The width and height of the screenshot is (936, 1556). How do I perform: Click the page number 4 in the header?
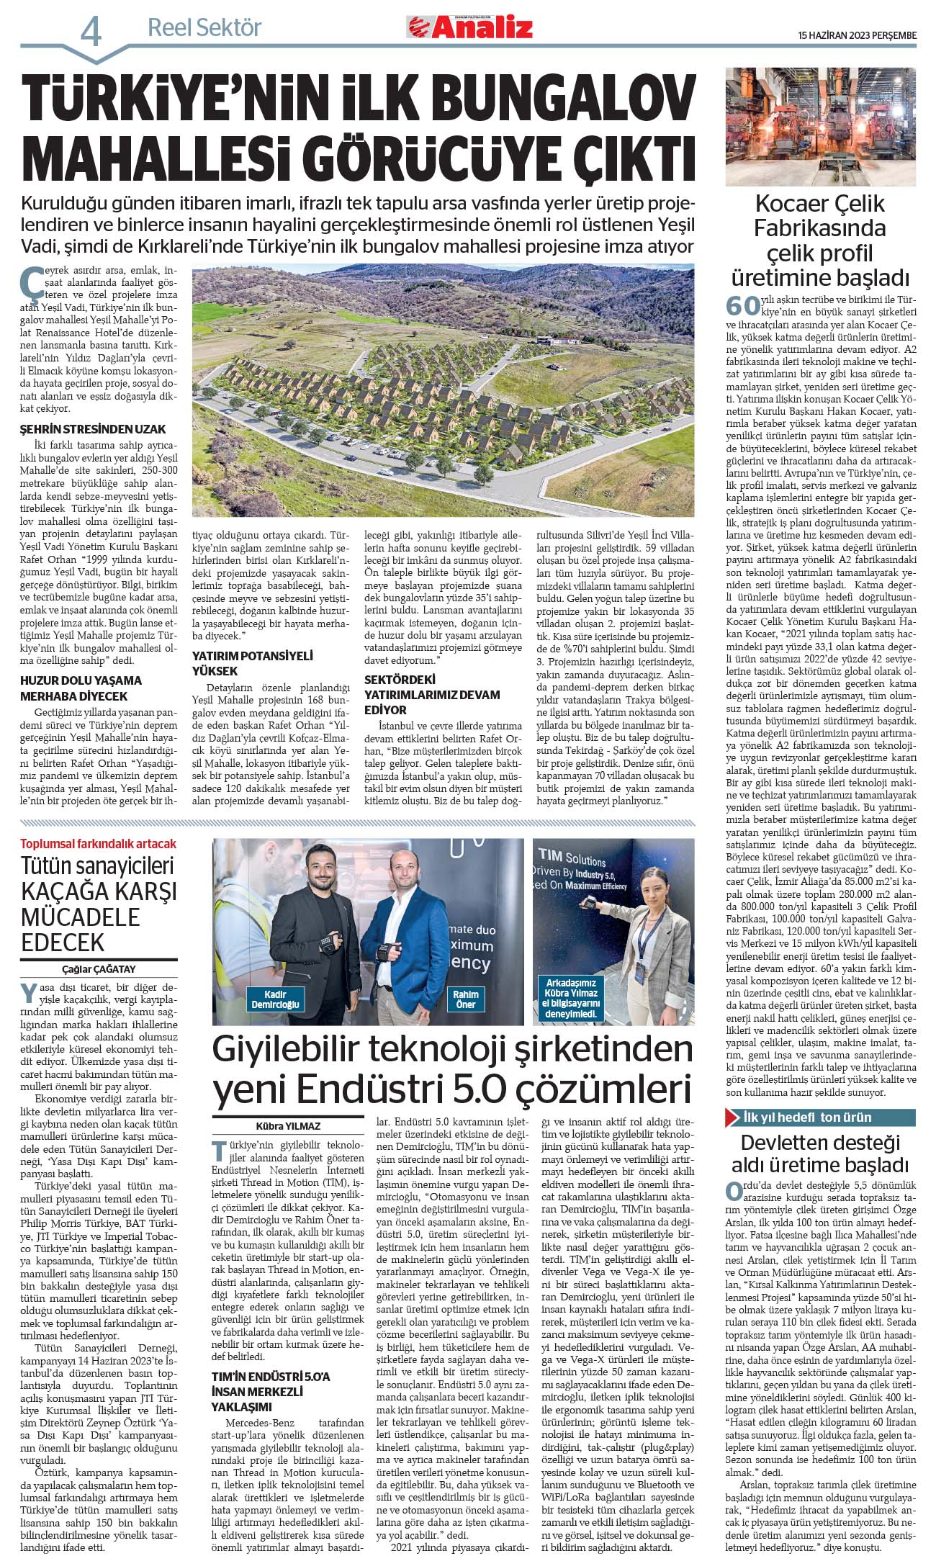click(91, 31)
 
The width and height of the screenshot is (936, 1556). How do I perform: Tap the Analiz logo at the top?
click(472, 27)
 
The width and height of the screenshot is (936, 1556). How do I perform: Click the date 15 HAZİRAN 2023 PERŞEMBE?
click(857, 35)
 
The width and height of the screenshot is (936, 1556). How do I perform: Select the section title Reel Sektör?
click(204, 28)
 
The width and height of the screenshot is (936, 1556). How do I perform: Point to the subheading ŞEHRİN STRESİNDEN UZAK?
click(93, 429)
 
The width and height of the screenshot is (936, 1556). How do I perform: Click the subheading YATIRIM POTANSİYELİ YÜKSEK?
click(252, 663)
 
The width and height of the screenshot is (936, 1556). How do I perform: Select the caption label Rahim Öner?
click(465, 999)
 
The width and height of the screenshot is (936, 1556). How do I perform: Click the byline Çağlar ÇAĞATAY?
click(99, 969)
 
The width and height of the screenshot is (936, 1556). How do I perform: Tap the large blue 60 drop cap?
click(743, 305)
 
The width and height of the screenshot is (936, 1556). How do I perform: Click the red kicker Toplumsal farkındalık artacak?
click(98, 844)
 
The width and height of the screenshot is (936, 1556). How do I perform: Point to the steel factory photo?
click(820, 126)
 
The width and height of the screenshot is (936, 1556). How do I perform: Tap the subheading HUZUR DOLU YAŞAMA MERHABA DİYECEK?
click(81, 688)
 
